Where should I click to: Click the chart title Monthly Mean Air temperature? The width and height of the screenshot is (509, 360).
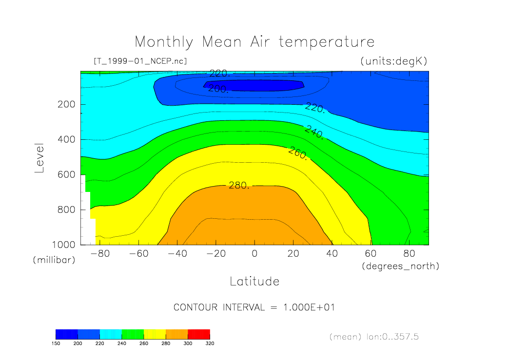pos(254,42)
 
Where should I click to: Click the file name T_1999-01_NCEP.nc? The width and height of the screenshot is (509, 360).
pos(140,61)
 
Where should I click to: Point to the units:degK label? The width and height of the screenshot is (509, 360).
pos(393,61)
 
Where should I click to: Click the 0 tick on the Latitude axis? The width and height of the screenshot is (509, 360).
pos(254,254)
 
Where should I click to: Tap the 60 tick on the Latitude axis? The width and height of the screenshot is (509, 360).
pos(371,254)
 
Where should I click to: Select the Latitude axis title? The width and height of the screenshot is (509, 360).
pos(254,281)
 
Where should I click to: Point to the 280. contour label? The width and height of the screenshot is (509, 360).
pos(239,186)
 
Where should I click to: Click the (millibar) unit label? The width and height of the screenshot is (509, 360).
pos(54,260)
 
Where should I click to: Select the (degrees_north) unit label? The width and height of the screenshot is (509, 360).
pos(400,266)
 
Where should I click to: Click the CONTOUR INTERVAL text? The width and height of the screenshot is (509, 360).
pos(254,307)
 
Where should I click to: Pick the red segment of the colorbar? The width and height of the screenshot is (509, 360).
pos(198,334)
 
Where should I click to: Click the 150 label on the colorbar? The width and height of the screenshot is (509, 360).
pos(56,343)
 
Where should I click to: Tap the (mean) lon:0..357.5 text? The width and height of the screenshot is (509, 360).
pos(374,337)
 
